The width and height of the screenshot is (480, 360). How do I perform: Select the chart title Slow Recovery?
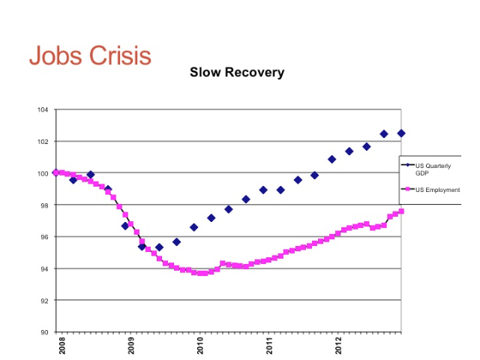pyautogui.click(x=236, y=73)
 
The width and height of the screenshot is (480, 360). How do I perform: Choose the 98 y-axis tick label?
pyautogui.click(x=44, y=205)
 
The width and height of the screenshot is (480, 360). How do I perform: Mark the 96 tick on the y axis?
pyautogui.click(x=44, y=237)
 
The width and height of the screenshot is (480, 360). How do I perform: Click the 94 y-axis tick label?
pyautogui.click(x=44, y=269)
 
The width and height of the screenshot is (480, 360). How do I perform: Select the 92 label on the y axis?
pyautogui.click(x=44, y=301)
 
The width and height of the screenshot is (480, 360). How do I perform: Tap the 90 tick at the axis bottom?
pyautogui.click(x=44, y=332)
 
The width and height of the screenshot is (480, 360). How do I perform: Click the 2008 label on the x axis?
pyautogui.click(x=61, y=346)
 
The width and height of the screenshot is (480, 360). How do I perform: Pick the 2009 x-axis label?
pyautogui.click(x=131, y=346)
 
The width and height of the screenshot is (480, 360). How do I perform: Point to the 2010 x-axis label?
pyautogui.click(x=201, y=346)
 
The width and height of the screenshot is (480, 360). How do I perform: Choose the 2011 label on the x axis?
pyautogui.click(x=271, y=346)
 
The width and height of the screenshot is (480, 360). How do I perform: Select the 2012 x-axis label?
pyautogui.click(x=340, y=346)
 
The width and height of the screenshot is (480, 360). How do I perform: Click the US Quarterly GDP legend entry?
pyautogui.click(x=433, y=169)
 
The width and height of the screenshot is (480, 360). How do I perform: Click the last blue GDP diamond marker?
pyautogui.click(x=401, y=133)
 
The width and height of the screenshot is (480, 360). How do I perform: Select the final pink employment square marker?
pyautogui.click(x=401, y=211)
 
